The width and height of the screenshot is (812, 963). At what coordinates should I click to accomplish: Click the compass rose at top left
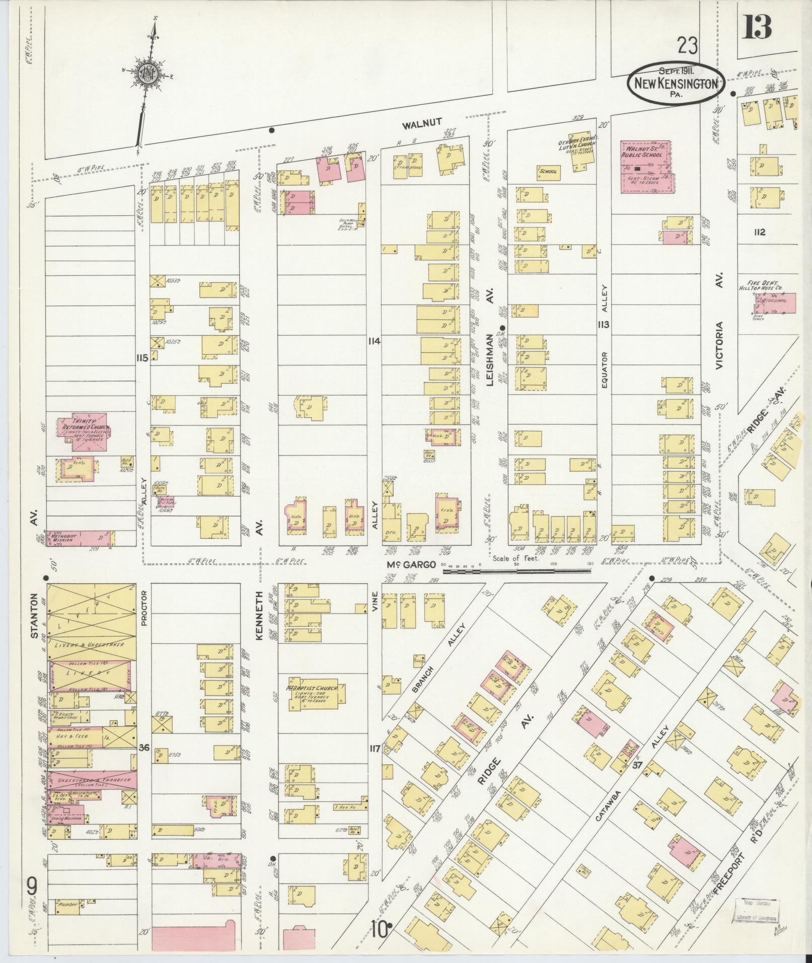coord(150,76)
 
